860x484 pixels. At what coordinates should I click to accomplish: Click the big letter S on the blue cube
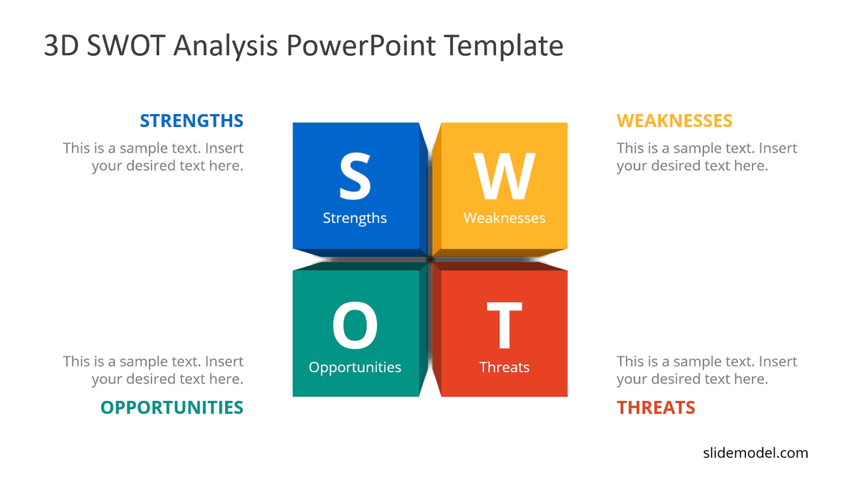click(355, 176)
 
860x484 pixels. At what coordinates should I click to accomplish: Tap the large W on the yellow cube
click(505, 176)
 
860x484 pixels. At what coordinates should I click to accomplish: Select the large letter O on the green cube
click(355, 326)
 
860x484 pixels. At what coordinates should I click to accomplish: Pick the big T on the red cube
click(505, 326)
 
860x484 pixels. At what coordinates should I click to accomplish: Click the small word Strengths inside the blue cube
click(355, 218)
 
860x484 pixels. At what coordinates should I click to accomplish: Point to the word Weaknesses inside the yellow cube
click(505, 218)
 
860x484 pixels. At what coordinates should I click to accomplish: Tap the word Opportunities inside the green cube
click(355, 367)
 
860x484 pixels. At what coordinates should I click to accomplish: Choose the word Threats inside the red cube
click(505, 367)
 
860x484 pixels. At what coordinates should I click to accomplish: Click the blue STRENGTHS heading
click(191, 120)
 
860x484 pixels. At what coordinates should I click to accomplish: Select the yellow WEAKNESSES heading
click(674, 120)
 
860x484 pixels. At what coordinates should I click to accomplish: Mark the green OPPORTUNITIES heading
click(172, 407)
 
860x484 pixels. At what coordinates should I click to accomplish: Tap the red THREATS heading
click(656, 407)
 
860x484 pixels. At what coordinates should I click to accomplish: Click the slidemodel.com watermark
click(755, 452)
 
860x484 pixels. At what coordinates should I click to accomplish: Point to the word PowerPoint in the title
click(361, 46)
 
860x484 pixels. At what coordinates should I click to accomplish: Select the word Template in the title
click(503, 46)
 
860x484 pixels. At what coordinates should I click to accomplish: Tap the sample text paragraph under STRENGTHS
click(153, 157)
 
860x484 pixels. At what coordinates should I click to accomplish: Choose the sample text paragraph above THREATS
click(707, 370)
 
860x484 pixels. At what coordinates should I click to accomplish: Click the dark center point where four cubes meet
click(430, 259)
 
